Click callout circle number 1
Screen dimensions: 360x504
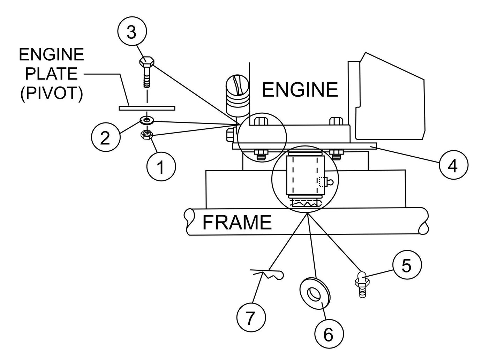[x=161, y=167]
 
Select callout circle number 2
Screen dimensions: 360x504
[x=105, y=138]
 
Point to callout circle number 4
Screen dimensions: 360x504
[x=453, y=167]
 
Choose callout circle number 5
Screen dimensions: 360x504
[x=407, y=266]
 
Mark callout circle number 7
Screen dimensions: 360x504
[x=251, y=317]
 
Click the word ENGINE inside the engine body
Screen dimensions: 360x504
[x=300, y=90]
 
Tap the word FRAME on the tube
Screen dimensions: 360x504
[x=237, y=222]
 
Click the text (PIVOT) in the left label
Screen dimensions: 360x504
[x=52, y=93]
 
